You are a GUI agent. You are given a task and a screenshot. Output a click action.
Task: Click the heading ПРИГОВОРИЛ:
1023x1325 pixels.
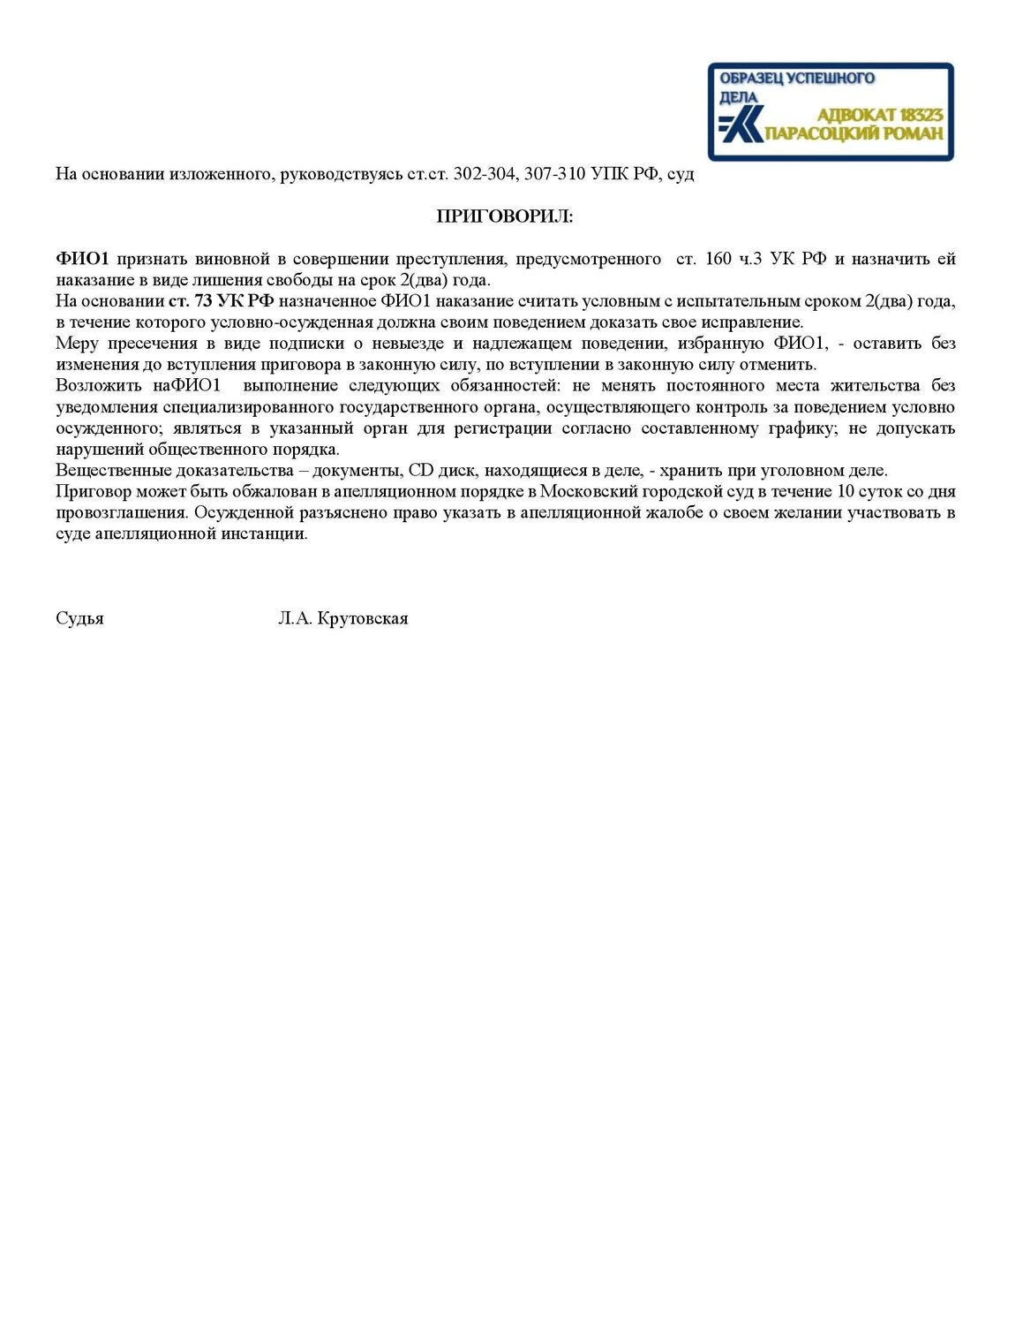505,216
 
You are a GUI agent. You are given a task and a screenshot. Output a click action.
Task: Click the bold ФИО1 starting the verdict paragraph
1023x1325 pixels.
82,259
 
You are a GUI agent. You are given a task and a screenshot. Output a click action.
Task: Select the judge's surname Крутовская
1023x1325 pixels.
362,618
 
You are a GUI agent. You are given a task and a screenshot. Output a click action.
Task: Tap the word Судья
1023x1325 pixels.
79,618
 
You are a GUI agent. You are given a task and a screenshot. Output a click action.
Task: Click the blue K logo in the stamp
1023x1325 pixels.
741,126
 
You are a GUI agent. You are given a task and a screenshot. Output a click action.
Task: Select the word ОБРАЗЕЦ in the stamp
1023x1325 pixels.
751,78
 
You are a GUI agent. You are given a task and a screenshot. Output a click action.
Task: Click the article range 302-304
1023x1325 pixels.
484,174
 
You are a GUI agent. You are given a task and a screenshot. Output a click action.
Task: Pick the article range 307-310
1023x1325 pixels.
554,174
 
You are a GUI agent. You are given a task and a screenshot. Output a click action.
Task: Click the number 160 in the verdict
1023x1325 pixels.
718,259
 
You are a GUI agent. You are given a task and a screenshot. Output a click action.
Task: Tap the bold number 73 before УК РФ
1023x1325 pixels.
203,301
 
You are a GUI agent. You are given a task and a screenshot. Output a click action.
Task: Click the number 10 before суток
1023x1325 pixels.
844,492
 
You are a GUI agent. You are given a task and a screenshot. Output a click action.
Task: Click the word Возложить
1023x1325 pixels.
98,386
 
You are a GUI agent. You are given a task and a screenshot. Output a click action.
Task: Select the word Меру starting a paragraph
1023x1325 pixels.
77,344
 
